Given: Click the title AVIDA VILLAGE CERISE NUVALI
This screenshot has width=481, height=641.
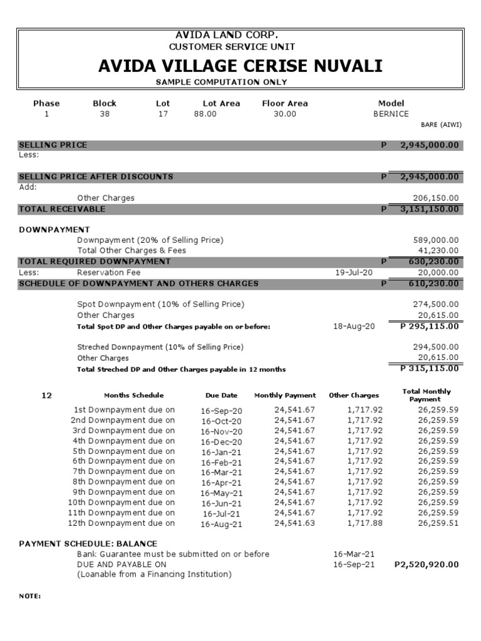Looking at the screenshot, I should coord(240,66).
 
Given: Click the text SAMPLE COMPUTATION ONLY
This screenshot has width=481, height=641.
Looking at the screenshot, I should coord(221,82).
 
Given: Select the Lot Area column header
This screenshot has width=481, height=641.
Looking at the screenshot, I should coord(221,103).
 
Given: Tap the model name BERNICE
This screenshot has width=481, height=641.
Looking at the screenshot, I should coord(391,114).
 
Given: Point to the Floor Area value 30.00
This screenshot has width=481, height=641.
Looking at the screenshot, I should coord(284,114).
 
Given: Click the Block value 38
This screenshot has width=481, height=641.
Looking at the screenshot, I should coord(104,114).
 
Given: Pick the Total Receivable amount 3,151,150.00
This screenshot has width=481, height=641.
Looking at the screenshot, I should coord(429,208).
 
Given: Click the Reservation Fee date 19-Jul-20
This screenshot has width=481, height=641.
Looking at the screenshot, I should coord(354,273).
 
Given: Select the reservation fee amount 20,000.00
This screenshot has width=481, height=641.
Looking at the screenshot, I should coord(438,273).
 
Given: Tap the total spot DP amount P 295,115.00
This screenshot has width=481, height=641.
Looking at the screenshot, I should coord(429,326).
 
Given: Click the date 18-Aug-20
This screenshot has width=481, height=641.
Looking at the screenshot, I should coord(354,326).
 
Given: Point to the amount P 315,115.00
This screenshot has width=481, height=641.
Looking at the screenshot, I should coord(429,368).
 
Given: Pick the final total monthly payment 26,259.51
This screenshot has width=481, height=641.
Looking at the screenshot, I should coord(438,523).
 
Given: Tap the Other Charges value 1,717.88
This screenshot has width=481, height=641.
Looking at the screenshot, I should coord(365,523).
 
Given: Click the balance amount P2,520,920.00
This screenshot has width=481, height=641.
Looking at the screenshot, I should coord(427,564).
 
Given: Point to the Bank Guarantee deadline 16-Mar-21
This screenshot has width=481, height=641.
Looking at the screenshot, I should coord(354,554).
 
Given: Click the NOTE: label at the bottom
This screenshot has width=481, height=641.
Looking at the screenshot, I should coord(30,596).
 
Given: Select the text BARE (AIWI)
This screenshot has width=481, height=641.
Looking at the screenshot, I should coord(445,125).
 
